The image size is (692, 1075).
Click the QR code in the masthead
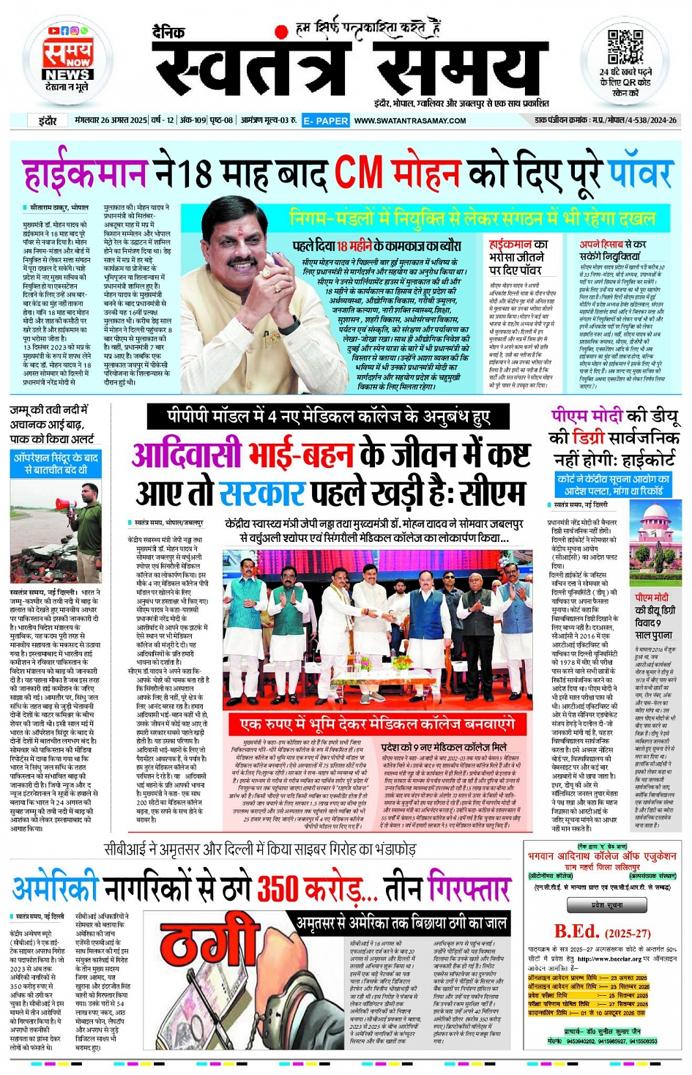(625, 48)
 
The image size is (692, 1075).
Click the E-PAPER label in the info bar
(325, 121)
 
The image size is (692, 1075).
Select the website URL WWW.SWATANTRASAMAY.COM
(410, 121)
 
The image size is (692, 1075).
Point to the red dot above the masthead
(280, 32)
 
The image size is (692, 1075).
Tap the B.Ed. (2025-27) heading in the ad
(602, 932)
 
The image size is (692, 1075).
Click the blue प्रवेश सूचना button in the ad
(608, 905)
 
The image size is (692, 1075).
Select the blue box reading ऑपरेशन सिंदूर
(56, 464)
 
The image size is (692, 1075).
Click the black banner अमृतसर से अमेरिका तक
(401, 923)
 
